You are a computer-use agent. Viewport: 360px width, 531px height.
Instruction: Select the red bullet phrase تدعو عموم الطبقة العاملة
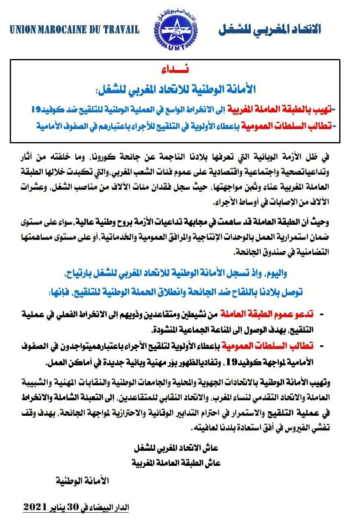tap(265, 314)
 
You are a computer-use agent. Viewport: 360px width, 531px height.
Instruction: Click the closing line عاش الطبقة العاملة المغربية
tap(176, 463)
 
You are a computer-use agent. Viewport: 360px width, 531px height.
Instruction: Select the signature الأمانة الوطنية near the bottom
tap(82, 481)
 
